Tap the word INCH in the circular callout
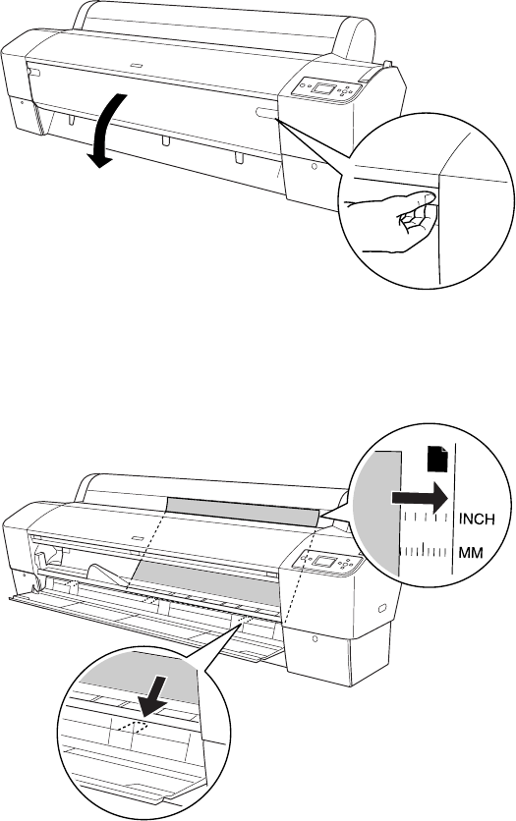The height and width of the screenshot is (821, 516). point(477,519)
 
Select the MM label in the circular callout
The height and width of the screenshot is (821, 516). point(471,552)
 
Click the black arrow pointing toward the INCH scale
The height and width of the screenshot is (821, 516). point(420,498)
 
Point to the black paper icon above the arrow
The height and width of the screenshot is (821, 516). point(438,459)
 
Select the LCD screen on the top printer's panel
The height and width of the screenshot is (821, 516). point(323,87)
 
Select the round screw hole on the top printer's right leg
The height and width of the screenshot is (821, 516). point(314,166)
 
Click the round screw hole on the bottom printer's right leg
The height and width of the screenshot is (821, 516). point(315,638)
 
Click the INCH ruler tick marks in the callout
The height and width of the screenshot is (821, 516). point(426,517)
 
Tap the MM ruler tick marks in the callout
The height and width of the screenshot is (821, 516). point(426,550)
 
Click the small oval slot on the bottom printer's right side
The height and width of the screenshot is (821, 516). point(382,609)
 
